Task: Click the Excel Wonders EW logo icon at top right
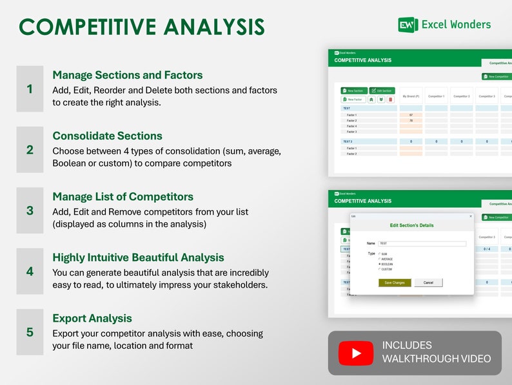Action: [408, 25]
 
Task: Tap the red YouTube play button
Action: [356, 353]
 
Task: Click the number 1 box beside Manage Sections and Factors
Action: [30, 89]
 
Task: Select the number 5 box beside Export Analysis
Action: [30, 332]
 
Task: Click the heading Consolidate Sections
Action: [107, 136]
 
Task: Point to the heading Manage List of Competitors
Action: [123, 196]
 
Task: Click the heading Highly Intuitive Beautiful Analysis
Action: [138, 257]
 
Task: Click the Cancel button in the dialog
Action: [428, 282]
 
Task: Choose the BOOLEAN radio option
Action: [380, 264]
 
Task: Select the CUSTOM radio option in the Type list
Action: [380, 269]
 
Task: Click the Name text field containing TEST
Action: [422, 244]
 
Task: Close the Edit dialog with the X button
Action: [470, 216]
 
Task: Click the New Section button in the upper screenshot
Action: [353, 91]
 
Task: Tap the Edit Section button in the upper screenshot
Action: [382, 91]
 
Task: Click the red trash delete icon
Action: [390, 99]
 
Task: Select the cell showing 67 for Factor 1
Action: [411, 115]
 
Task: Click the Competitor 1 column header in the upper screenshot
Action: [436, 96]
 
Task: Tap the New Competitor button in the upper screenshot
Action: [497, 76]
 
